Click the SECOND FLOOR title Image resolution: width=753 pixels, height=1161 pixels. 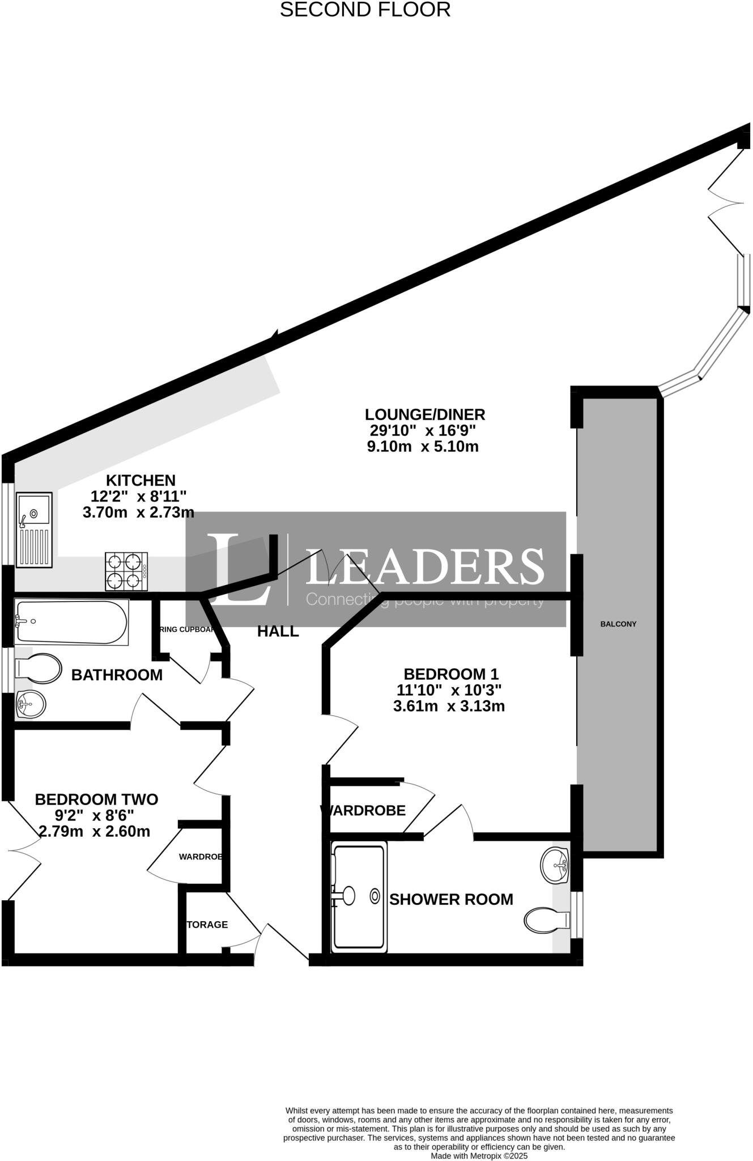(x=365, y=10)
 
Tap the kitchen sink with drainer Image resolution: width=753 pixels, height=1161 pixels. (x=34, y=529)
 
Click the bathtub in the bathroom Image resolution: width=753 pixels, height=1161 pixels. (x=71, y=622)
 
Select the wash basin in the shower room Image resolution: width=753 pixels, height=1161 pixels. (x=555, y=866)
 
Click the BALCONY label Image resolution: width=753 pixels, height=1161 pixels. (x=618, y=624)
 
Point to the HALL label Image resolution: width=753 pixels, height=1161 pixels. (x=278, y=632)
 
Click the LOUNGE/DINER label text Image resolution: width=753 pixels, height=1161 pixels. (x=424, y=414)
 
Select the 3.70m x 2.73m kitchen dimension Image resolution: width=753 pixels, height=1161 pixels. (x=138, y=512)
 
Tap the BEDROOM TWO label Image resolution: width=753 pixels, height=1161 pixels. (x=96, y=799)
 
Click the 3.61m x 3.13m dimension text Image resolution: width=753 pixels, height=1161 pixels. (x=449, y=706)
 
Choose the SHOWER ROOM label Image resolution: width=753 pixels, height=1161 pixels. (x=451, y=900)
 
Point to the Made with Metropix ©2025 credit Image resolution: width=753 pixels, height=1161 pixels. (x=479, y=1155)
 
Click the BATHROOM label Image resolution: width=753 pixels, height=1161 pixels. (x=117, y=675)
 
